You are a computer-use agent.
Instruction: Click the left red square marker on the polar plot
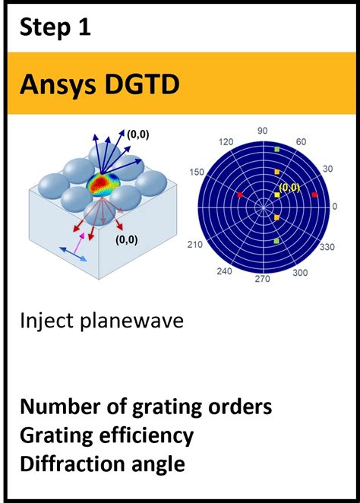pyautogui.click(x=240, y=195)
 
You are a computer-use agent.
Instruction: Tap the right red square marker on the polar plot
pyautogui.click(x=314, y=195)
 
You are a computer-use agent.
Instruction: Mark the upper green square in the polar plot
pyautogui.click(x=277, y=150)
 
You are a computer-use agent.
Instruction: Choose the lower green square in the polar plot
pyautogui.click(x=277, y=241)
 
